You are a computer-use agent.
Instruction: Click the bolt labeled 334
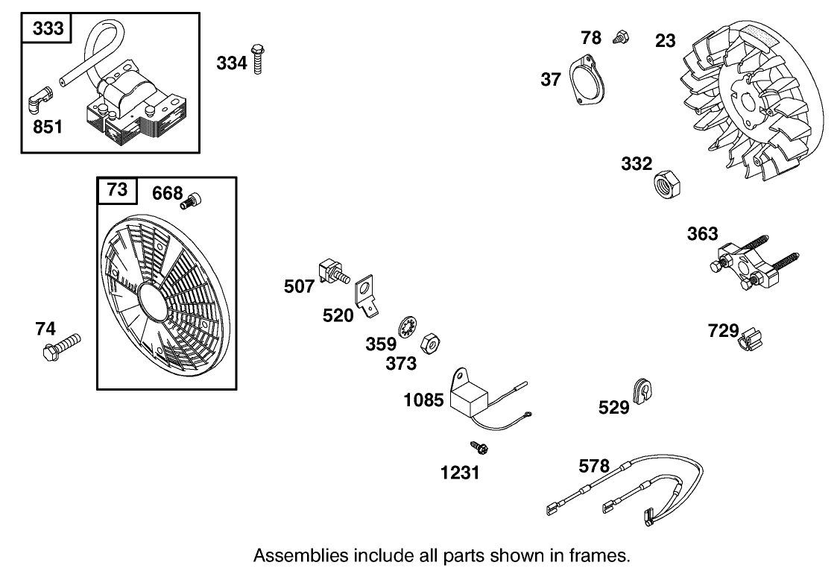tap(259, 59)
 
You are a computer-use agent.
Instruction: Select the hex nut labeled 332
tap(665, 183)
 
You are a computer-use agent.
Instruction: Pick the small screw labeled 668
tap(195, 199)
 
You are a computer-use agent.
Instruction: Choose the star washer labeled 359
tap(407, 327)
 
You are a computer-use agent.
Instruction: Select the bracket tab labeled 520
tap(367, 296)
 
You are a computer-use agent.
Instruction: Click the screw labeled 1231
tap(478, 448)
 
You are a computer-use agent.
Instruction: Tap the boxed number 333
tap(47, 29)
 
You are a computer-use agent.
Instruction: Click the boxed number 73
tap(117, 190)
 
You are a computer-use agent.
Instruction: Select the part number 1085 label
tap(423, 400)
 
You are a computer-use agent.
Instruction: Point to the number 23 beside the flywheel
tap(665, 40)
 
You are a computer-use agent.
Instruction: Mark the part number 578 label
tap(594, 467)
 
